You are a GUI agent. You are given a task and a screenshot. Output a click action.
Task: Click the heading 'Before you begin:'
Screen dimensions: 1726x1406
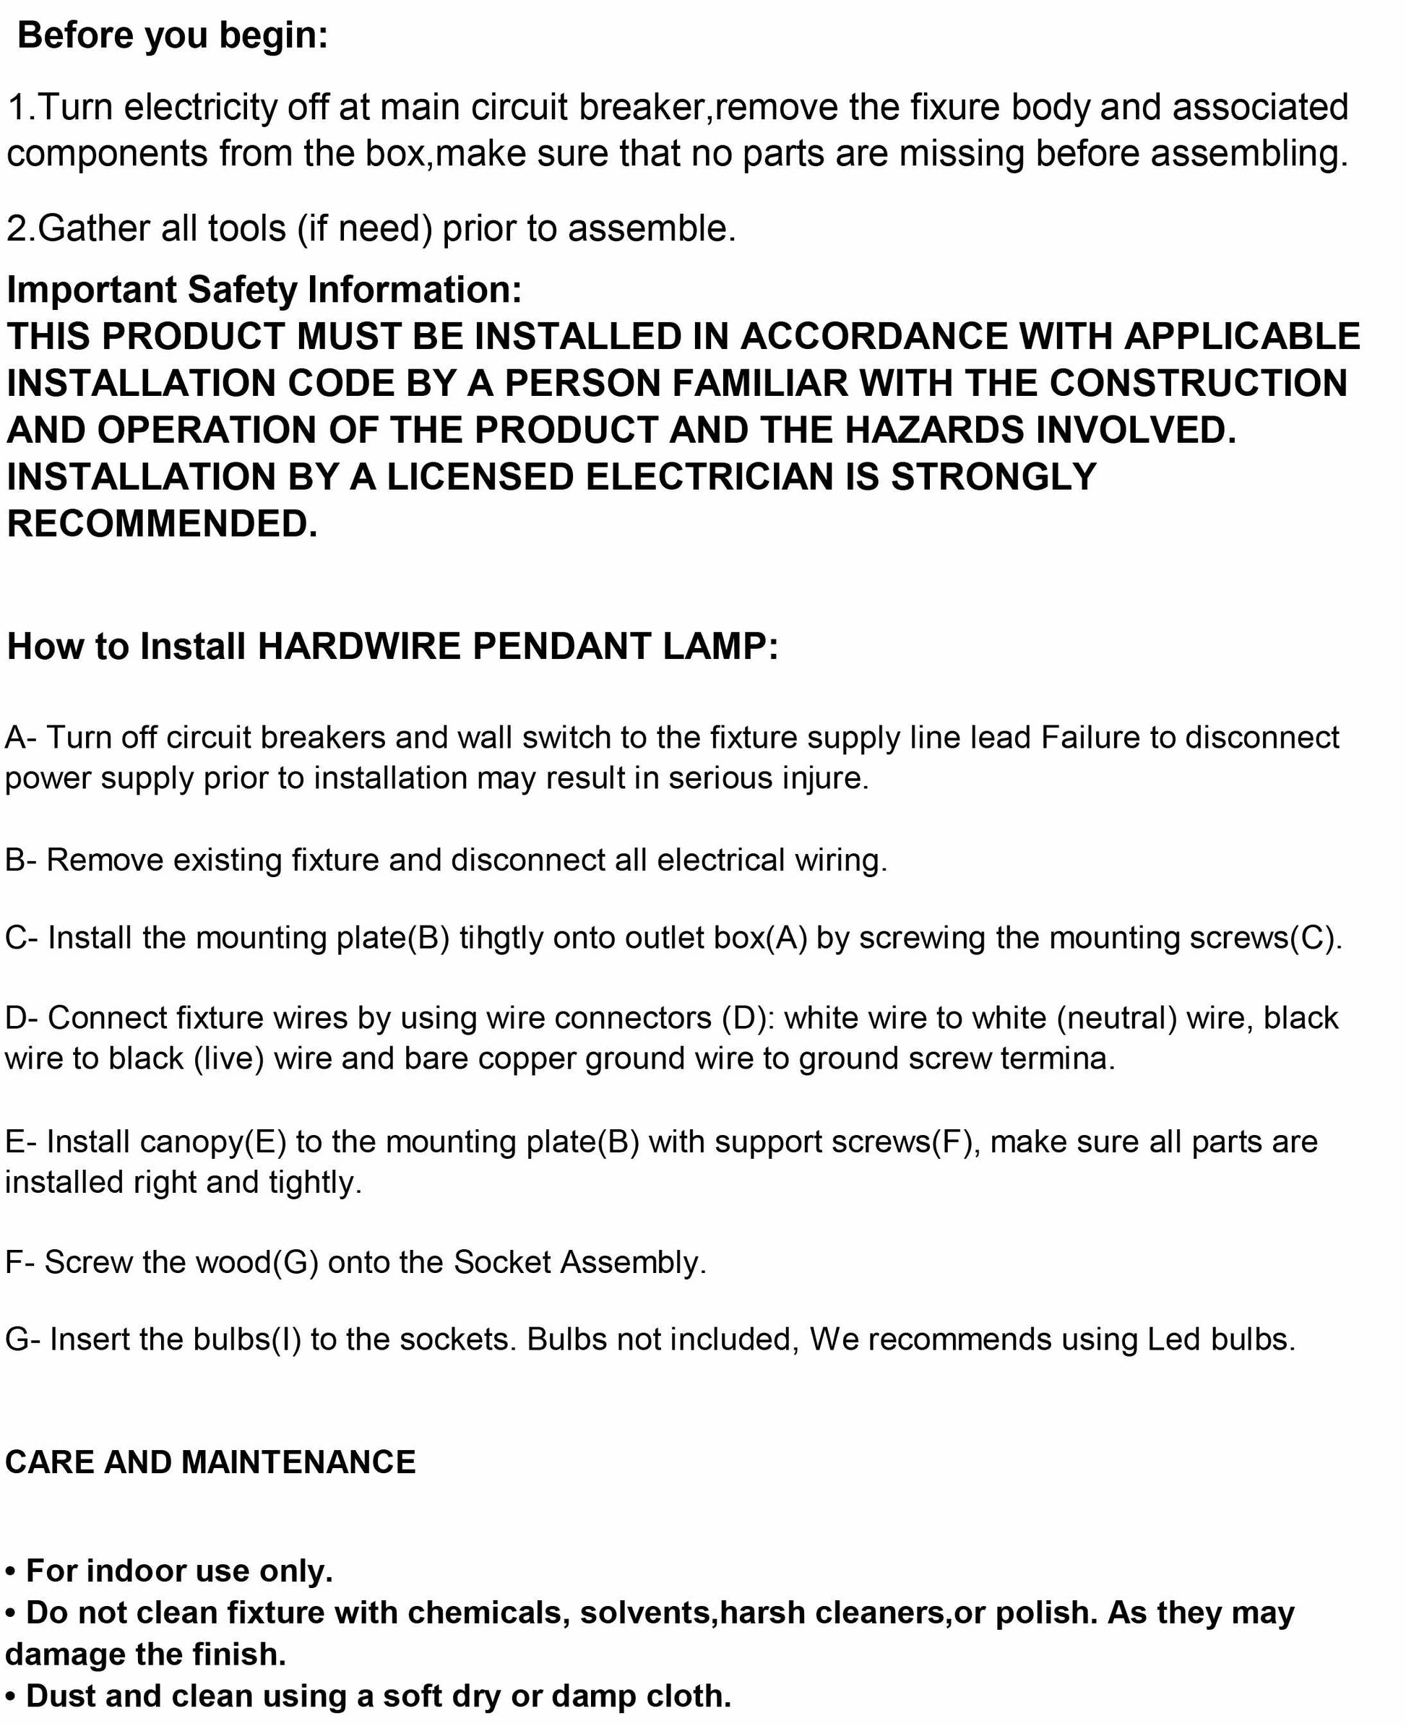[x=173, y=36]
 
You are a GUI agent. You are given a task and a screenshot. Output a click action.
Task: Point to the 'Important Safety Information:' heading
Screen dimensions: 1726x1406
[x=264, y=290]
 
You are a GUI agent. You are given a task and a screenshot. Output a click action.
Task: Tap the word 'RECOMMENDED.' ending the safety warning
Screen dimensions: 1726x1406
[x=162, y=524]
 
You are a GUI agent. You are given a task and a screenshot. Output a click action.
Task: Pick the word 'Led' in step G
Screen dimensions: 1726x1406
[x=1173, y=1339]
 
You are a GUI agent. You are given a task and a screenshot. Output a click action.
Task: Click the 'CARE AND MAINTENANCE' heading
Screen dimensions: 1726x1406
[x=210, y=1463]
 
